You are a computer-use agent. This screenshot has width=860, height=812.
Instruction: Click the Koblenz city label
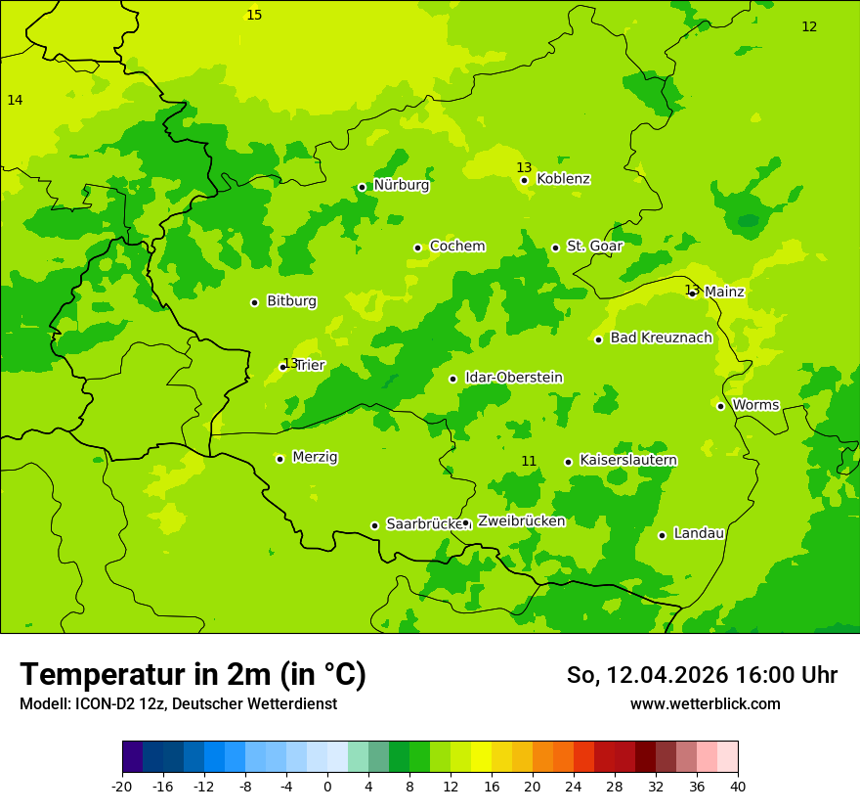tap(563, 179)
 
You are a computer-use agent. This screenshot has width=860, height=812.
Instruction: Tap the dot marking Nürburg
tap(362, 187)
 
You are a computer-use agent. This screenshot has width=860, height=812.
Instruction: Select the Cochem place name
tap(457, 247)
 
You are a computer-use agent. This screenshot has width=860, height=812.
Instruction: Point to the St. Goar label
tap(594, 247)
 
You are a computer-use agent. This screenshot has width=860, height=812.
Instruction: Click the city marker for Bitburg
tap(254, 302)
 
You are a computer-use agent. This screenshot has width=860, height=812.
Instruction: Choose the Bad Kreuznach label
tap(661, 338)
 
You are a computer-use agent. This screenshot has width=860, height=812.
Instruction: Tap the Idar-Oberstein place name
tap(514, 378)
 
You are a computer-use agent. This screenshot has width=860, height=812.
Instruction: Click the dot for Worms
tap(720, 406)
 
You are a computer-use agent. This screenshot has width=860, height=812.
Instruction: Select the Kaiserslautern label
tap(628, 461)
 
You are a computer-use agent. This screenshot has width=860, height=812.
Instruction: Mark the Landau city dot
tap(662, 535)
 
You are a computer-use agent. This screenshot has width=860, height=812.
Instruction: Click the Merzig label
tap(315, 457)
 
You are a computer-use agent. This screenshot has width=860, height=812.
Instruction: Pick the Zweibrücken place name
tap(521, 521)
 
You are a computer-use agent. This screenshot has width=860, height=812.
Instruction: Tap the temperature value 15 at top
tap(254, 15)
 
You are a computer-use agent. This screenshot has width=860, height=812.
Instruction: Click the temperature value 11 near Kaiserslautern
tap(529, 461)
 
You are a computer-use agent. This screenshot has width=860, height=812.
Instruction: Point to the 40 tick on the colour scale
tap(738, 787)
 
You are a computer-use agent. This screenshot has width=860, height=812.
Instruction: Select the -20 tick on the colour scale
tap(122, 787)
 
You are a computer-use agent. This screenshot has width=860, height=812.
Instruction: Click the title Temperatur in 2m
tap(193, 675)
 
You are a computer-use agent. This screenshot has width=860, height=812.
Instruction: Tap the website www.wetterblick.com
tap(705, 704)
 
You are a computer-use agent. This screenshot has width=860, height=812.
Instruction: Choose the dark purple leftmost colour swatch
tap(132, 757)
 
